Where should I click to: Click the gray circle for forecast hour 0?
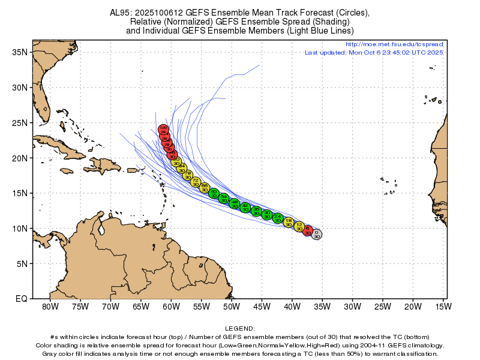coord(316,234)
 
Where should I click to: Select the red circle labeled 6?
coord(308,230)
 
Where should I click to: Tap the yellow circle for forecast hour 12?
coord(299,226)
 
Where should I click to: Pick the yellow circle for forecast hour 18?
coord(289,223)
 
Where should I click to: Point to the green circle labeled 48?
coord(235,203)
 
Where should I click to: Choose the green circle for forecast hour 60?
coord(214,193)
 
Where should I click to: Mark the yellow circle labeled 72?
coord(196,182)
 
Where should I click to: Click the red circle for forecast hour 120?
coord(163,130)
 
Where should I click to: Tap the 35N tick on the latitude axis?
coord(22,52)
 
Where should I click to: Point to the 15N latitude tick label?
coord(22,193)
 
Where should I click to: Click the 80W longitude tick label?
coord(50,307)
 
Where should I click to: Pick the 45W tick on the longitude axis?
coord(262,307)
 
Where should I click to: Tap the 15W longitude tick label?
coord(443,307)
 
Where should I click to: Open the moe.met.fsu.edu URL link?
coord(394,44)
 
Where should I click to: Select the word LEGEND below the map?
coord(239,329)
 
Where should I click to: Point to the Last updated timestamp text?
coord(373,53)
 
